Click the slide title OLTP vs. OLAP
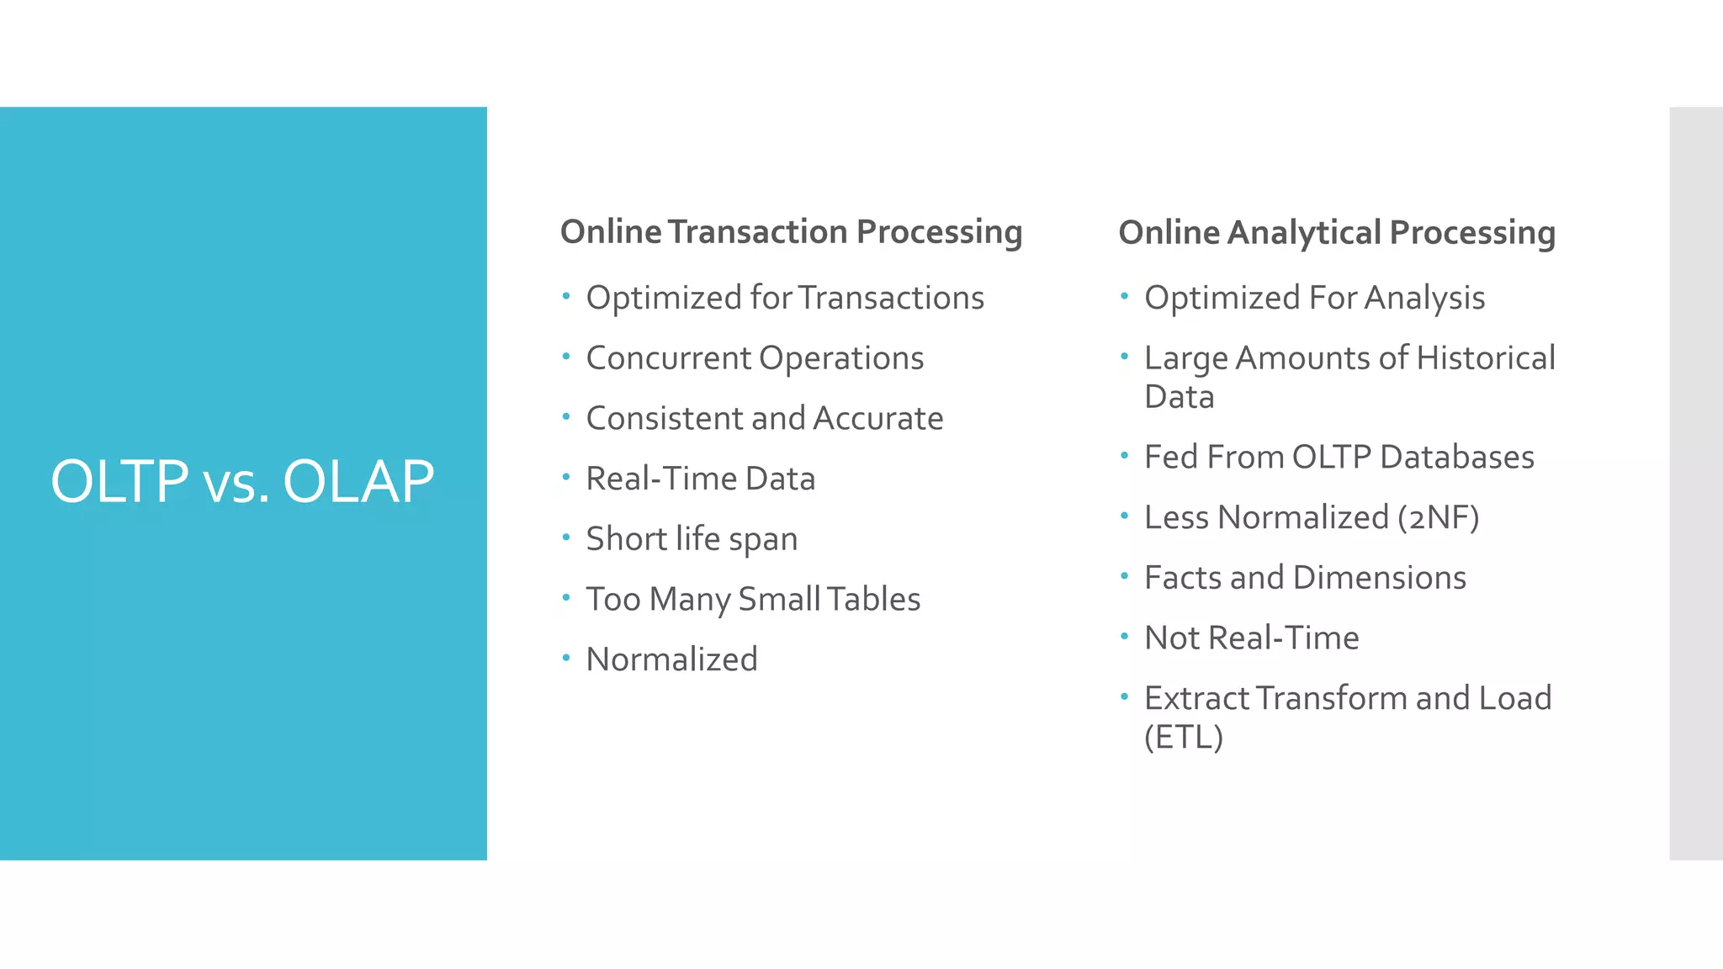(x=242, y=482)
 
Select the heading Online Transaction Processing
(x=791, y=232)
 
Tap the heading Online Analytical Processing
(x=1336, y=232)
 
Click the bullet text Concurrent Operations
(x=755, y=358)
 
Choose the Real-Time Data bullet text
(x=700, y=479)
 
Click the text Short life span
(x=692, y=539)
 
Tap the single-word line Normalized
(x=671, y=659)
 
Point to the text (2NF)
(x=1438, y=517)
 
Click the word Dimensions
(x=1379, y=578)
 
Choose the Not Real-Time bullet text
(x=1251, y=638)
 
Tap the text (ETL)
(x=1183, y=737)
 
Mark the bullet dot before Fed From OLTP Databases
(x=1124, y=455)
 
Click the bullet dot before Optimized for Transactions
(x=566, y=295)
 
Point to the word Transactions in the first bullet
(x=890, y=298)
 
